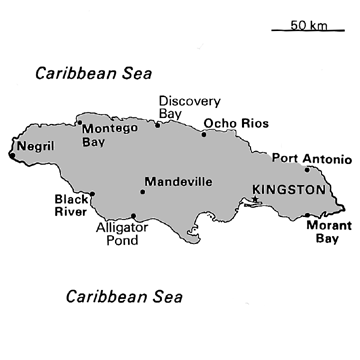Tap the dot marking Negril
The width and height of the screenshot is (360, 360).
11,155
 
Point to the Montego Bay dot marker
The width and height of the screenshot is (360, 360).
79,123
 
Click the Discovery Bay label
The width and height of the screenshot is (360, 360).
181,106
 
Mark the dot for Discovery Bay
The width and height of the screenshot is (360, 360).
157,124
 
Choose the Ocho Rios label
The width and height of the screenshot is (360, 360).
232,124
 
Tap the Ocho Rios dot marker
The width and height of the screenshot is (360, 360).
204,134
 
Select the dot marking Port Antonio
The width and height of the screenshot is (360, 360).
307,169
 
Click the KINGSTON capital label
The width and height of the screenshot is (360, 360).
289,188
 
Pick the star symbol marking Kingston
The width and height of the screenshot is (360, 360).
256,200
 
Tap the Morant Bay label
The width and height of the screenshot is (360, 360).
321,232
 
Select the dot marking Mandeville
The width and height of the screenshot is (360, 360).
143,191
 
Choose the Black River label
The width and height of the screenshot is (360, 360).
71,205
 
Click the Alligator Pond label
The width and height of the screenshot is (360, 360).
123,233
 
